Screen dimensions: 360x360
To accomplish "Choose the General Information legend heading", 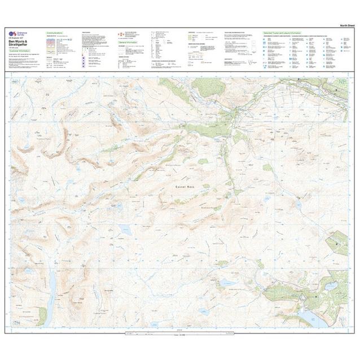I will click(x=129, y=42).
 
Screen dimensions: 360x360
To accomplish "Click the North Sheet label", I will click(x=346, y=26).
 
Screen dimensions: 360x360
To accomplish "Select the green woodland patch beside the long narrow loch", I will click(x=41, y=316).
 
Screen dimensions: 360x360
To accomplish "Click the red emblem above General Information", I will click(x=120, y=35).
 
